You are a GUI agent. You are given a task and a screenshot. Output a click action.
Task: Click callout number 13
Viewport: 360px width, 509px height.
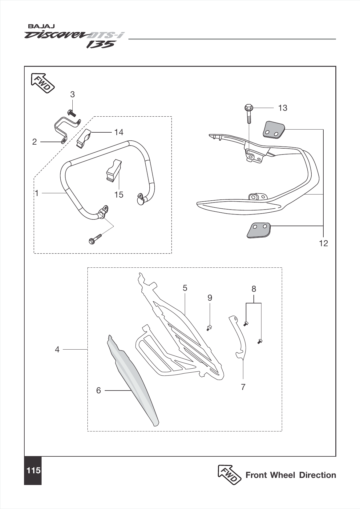tap(282, 108)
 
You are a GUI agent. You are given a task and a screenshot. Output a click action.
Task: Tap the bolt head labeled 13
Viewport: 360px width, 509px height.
tap(248, 108)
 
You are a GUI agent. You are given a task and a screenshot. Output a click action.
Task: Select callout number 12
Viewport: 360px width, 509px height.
tap(323, 243)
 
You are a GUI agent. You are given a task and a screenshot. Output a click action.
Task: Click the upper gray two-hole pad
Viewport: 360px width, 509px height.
tap(273, 130)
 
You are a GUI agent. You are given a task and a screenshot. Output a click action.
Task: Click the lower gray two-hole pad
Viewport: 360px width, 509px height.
tap(259, 230)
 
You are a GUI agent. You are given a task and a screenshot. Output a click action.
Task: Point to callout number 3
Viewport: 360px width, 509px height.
tap(72, 94)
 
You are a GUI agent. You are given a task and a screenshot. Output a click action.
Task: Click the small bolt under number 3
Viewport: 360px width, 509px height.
tap(71, 113)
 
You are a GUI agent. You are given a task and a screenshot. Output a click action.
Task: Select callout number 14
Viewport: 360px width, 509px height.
tap(119, 132)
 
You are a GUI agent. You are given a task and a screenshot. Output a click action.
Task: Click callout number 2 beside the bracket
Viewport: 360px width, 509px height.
tap(34, 142)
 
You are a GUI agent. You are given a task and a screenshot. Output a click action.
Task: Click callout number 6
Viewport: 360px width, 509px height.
tap(99, 390)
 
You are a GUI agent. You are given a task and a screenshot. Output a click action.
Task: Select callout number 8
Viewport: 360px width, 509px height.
tap(254, 289)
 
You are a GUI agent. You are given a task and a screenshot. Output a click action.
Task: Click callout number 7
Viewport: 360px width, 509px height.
tap(243, 387)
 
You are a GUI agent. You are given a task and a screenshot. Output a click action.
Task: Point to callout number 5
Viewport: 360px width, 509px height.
tap(185, 288)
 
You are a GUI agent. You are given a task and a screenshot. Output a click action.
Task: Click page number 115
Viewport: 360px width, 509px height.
tap(33, 471)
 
